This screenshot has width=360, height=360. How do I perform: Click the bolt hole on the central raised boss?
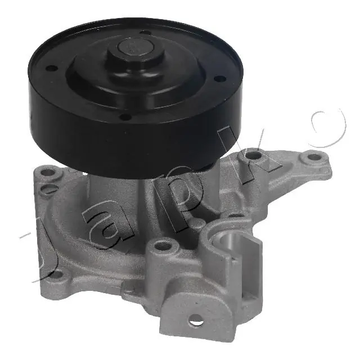(x=164, y=245)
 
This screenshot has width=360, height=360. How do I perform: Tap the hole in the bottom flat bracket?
(x=196, y=323)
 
